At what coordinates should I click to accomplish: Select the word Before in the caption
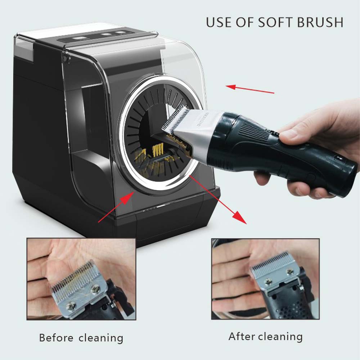click(x=56, y=338)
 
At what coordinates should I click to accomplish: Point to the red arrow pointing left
click(x=250, y=89)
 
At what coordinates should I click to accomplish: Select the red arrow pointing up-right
click(x=116, y=207)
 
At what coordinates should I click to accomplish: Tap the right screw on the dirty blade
click(x=95, y=288)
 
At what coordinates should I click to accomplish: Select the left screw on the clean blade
click(x=268, y=282)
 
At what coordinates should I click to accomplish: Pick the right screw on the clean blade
click(x=290, y=271)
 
